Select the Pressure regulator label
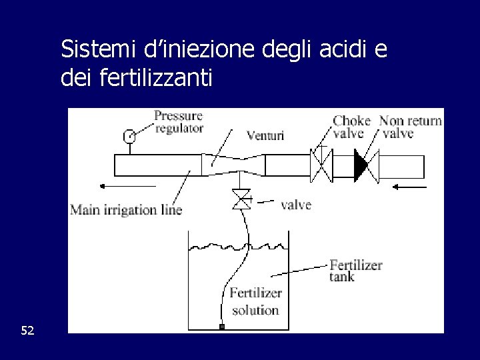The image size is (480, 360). [x=179, y=121]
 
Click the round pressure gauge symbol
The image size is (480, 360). [x=129, y=137]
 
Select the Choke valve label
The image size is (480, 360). [x=352, y=127]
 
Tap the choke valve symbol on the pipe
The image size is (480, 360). [x=321, y=164]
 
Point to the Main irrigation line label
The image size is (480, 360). [x=126, y=211]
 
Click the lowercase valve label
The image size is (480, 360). [x=296, y=205]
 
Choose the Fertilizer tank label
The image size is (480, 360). [x=356, y=270]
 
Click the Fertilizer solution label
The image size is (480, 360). [x=255, y=301]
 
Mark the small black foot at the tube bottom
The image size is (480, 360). [x=222, y=327]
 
